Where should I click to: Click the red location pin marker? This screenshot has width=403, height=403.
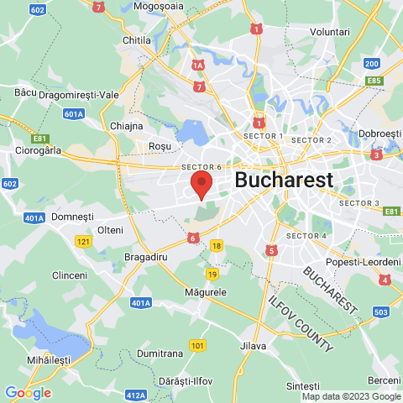[x=201, y=184]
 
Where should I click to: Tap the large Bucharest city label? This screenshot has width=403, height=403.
[x=284, y=180]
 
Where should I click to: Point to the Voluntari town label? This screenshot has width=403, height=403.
[x=329, y=32]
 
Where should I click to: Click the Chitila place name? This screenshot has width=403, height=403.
[x=135, y=40]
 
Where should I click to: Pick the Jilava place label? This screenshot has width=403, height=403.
[x=253, y=346]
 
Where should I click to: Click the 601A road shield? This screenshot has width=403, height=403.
[x=74, y=113]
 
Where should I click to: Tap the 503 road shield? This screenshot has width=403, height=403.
[x=380, y=312]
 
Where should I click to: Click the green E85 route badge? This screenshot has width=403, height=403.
[x=374, y=81]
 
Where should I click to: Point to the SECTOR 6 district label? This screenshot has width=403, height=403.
[x=201, y=167]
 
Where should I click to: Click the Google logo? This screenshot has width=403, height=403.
[x=28, y=392]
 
